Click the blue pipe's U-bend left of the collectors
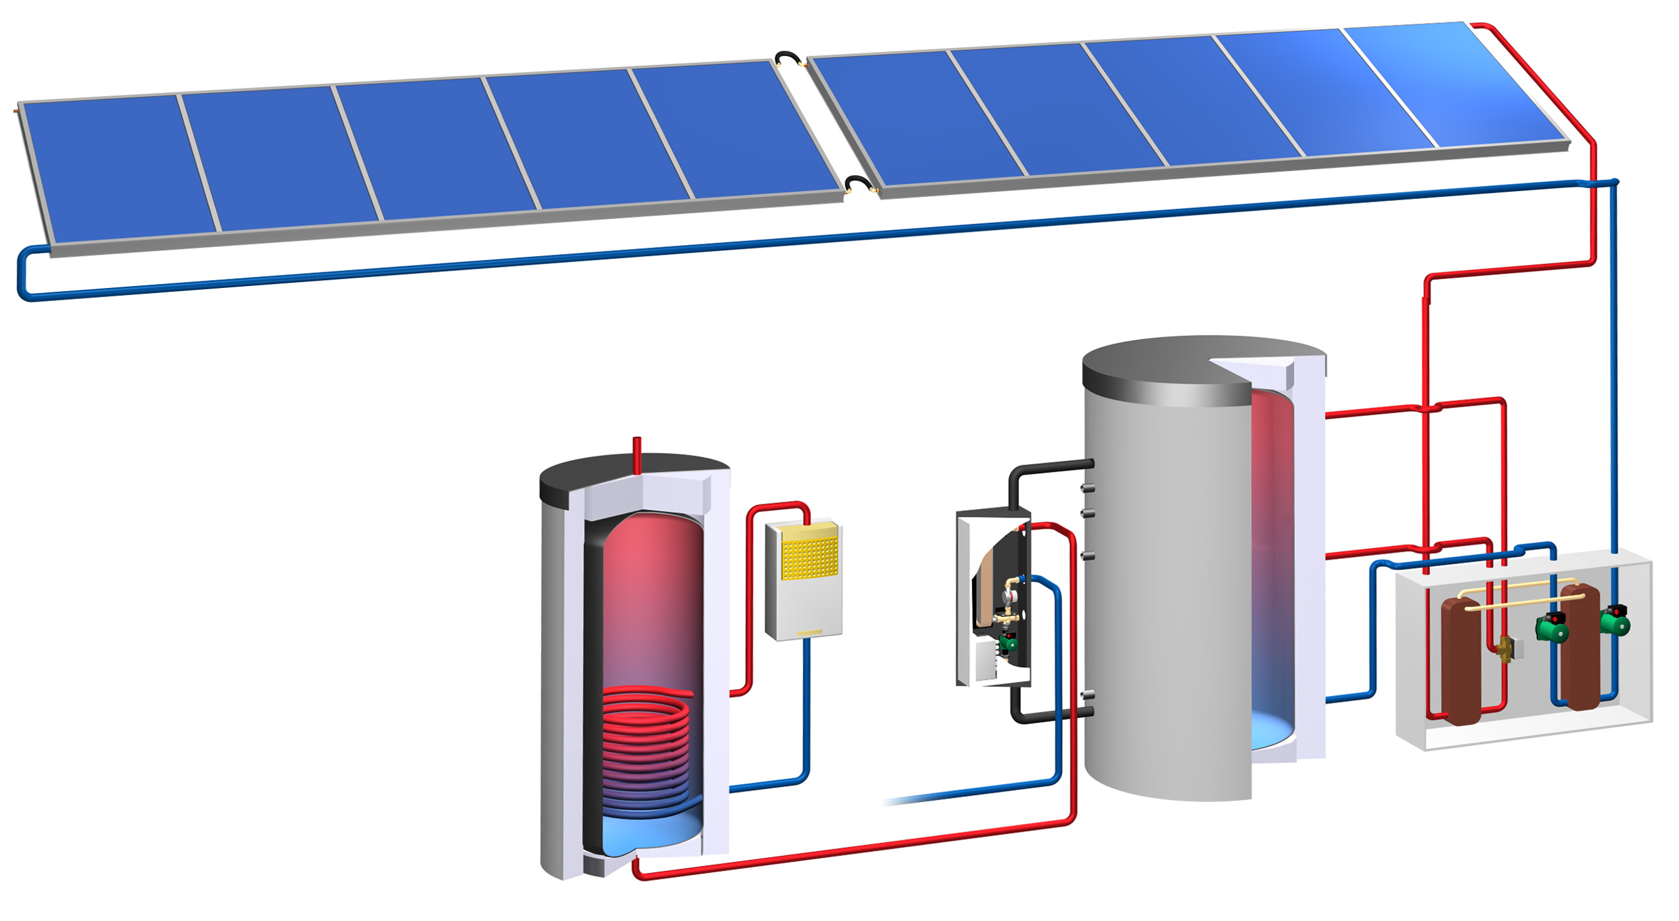[23, 274]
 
